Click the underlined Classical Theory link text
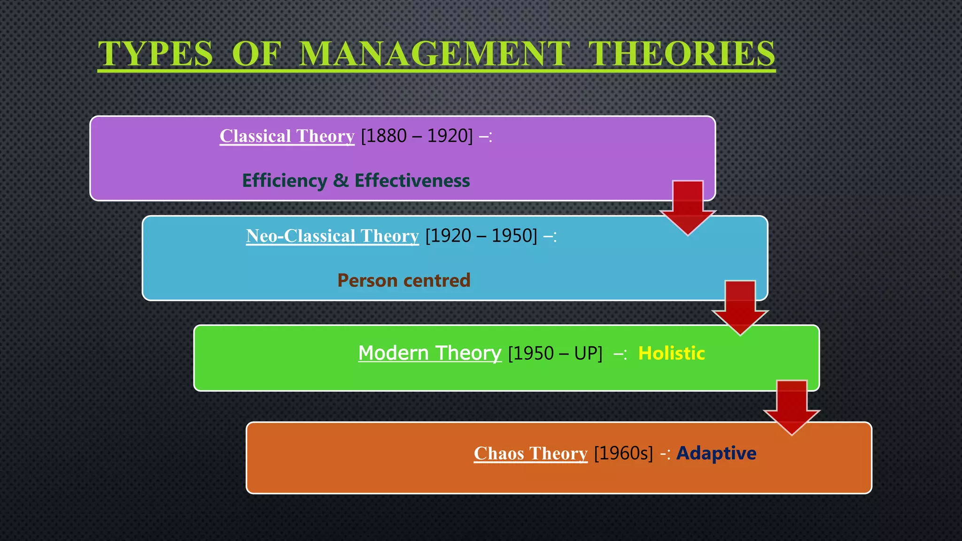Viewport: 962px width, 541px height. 287,136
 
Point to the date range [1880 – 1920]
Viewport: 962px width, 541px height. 417,136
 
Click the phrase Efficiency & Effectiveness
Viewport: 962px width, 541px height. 356,181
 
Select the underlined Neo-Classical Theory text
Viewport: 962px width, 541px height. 332,236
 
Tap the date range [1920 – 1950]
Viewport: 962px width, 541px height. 481,236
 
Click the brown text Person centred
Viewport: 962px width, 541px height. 403,280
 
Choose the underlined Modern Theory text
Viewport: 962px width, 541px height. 429,353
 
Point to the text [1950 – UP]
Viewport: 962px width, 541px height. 555,353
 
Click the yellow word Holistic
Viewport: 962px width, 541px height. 671,353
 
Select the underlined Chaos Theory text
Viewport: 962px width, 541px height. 530,454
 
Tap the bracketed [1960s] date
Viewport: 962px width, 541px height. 623,453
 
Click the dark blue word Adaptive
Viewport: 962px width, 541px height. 716,453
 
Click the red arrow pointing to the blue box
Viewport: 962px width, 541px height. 688,207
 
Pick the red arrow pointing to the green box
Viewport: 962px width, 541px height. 740,307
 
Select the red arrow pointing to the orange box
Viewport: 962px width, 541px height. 791,407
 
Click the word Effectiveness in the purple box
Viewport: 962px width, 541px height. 412,181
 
